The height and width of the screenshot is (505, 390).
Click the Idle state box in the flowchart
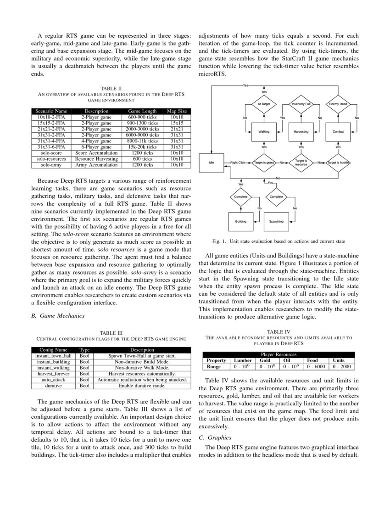212,163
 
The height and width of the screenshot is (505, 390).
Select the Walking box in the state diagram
264,132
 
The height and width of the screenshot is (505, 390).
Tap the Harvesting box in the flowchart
301,132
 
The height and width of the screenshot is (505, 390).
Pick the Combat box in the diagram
338,132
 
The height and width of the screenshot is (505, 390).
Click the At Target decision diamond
264,104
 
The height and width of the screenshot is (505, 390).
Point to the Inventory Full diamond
301,104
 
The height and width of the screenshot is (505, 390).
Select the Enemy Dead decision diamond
338,104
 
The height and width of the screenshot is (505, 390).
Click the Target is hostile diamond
338,163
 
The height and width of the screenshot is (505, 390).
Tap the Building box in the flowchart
241,221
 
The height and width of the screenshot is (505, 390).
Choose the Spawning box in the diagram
276,221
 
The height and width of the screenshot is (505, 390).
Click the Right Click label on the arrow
238,163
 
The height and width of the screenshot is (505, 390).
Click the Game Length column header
142,111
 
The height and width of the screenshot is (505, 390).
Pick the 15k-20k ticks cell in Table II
142,147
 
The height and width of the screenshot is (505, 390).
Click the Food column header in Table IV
312,360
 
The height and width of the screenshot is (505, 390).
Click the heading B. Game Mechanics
57,316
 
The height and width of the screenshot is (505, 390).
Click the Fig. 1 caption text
279,241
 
